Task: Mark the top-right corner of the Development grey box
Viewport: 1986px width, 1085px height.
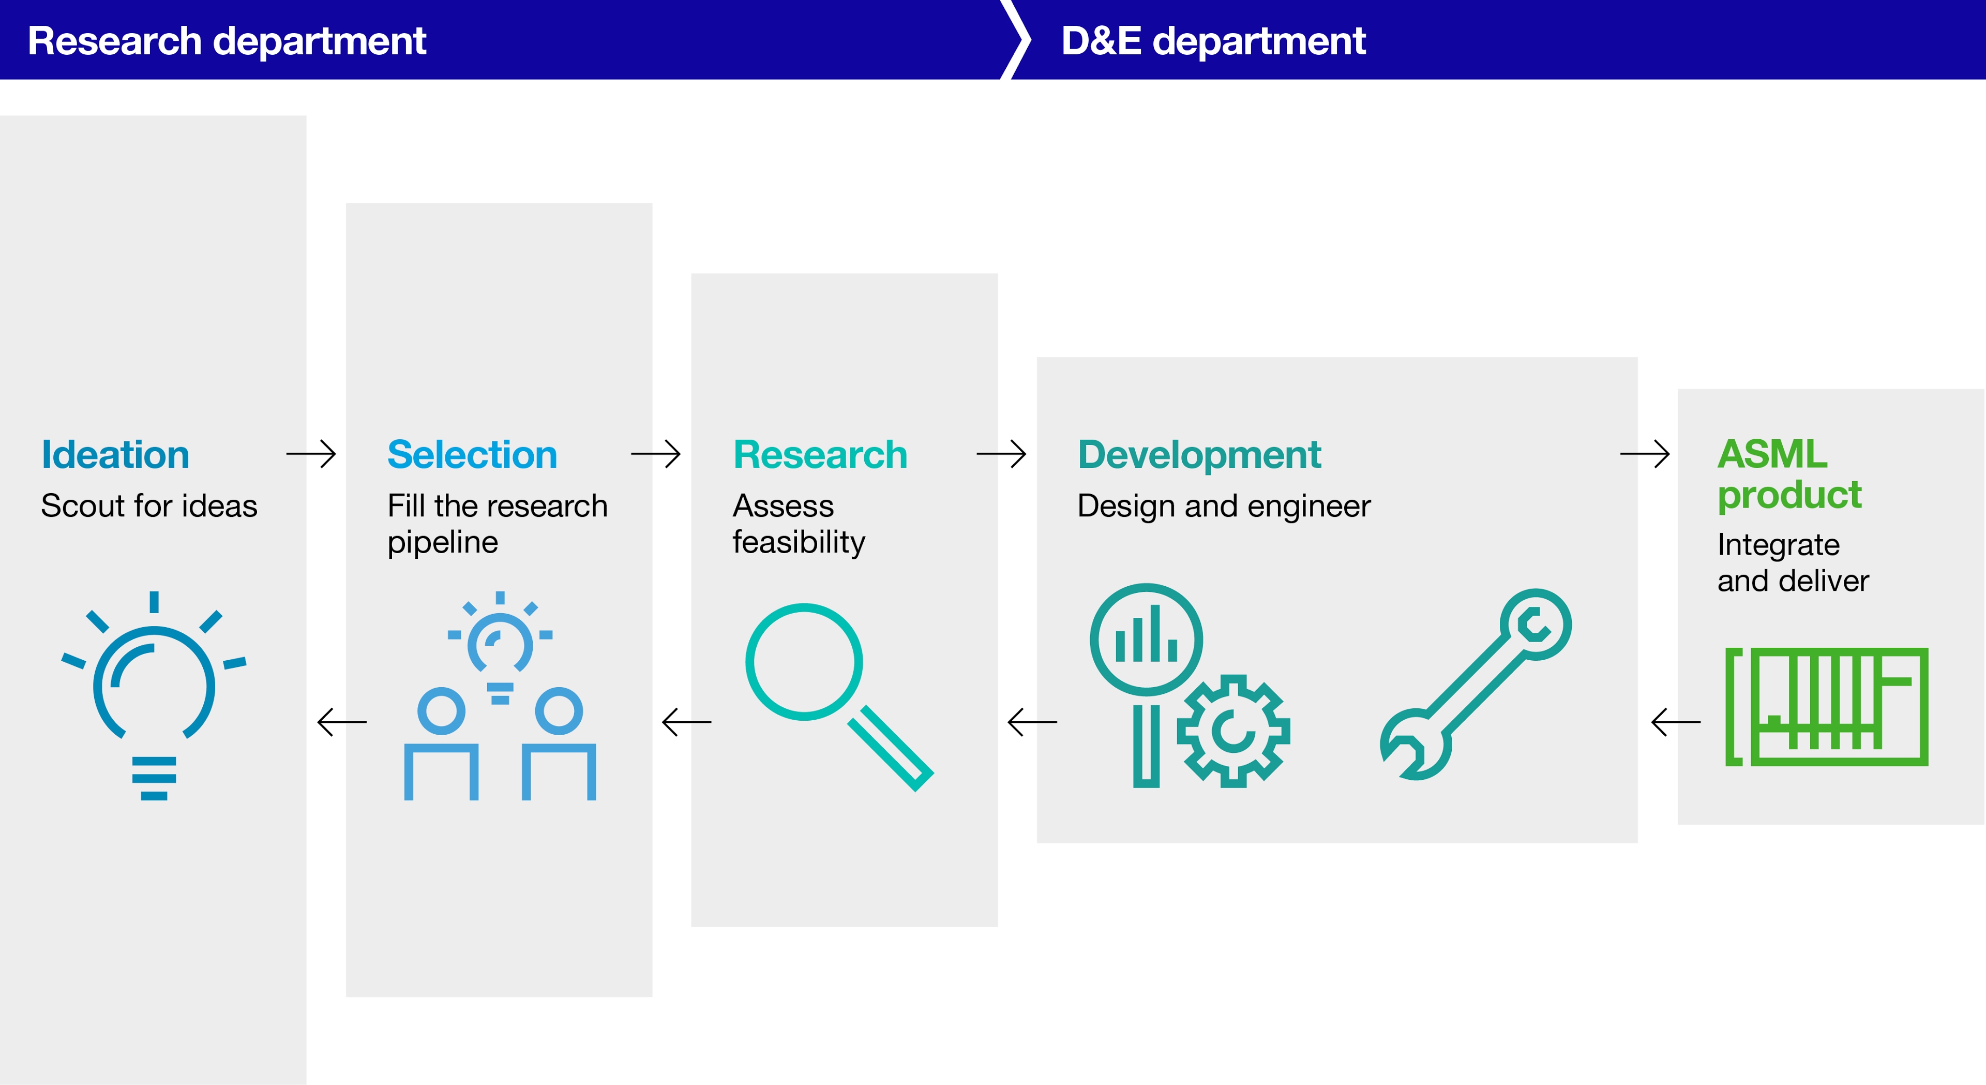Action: coord(1637,357)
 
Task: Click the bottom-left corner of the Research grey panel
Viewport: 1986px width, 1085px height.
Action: coord(691,926)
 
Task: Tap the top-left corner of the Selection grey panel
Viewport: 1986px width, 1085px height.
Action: coord(346,203)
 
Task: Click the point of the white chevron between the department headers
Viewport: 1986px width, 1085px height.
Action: coord(1030,39)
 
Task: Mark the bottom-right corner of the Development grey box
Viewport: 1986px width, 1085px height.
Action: coord(1637,843)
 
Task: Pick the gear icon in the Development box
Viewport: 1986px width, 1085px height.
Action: coord(1233,731)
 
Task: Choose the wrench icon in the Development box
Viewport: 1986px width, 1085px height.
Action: coord(1476,685)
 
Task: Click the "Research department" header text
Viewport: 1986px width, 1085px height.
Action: coord(227,41)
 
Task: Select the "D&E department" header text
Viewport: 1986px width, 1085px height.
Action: coord(1213,41)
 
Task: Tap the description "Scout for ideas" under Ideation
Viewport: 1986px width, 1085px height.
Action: coord(149,506)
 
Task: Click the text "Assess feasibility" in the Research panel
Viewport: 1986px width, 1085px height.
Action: coord(799,524)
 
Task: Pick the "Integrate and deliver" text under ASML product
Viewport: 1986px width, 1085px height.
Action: coord(1793,562)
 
